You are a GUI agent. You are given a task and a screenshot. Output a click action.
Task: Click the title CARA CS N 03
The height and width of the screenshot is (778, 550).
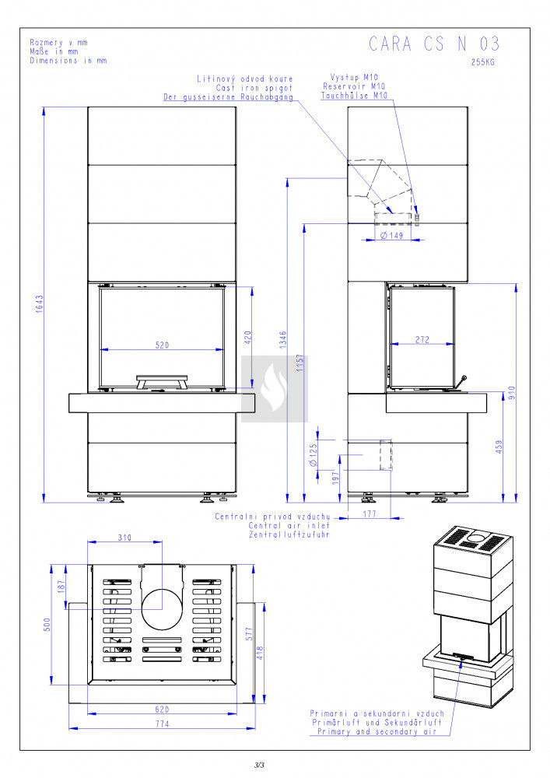click(x=434, y=44)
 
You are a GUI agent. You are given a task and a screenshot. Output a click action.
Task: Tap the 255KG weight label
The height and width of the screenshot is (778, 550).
click(x=482, y=62)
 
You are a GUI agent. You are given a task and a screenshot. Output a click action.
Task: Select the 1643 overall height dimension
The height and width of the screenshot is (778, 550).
click(x=40, y=304)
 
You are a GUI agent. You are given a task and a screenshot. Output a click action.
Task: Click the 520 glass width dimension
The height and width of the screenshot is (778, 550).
click(x=162, y=345)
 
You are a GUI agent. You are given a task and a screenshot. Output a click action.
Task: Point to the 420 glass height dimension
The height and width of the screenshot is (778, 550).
click(x=248, y=338)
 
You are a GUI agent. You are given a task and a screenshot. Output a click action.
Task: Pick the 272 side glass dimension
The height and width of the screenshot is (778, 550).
click(x=422, y=339)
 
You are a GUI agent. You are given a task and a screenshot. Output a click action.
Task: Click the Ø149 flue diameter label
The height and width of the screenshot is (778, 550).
click(x=392, y=236)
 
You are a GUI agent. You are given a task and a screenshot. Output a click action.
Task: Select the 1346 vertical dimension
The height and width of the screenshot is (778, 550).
click(x=283, y=341)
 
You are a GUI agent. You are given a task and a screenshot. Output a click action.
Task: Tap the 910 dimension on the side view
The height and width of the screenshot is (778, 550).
click(x=512, y=393)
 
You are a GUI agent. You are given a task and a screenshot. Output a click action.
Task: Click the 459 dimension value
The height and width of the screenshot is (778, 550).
click(x=499, y=447)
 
